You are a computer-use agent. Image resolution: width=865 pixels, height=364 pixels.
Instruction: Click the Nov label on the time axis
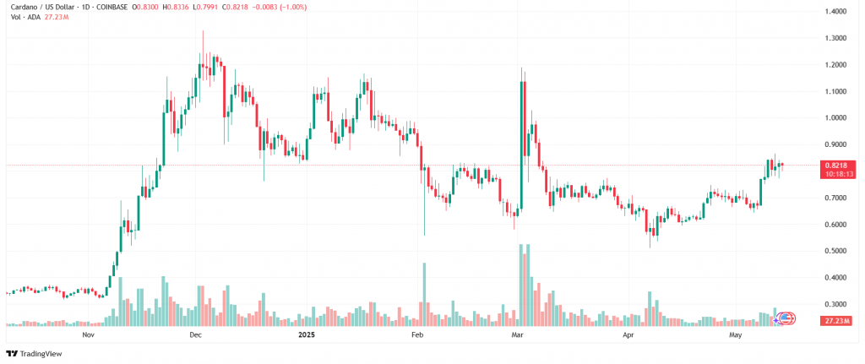87,335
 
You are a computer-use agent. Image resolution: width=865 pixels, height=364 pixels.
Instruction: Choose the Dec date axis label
195,335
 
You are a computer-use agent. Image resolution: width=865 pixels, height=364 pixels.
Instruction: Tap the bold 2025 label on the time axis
307,335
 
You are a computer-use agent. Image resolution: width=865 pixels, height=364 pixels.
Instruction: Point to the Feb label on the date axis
416,335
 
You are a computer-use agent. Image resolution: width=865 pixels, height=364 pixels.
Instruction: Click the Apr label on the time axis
628,335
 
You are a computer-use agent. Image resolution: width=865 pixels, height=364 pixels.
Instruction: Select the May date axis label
735,335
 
